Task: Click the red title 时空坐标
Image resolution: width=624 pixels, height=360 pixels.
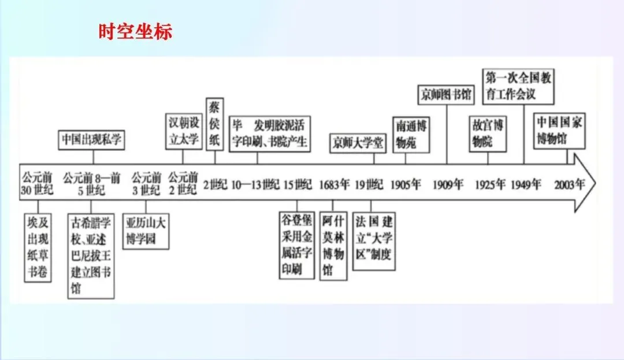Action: (135, 31)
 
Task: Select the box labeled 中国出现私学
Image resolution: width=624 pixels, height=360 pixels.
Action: (93, 140)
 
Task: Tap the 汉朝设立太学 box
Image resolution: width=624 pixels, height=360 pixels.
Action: (183, 131)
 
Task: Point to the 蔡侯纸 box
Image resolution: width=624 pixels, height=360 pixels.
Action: (215, 124)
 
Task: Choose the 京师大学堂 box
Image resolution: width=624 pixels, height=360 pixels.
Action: (358, 143)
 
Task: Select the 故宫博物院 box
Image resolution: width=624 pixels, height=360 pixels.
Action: (488, 133)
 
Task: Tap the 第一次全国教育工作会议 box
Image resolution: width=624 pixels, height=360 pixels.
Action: (518, 86)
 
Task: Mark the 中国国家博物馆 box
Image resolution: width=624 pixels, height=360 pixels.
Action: (559, 131)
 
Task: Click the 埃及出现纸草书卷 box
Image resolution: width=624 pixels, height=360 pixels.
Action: (38, 247)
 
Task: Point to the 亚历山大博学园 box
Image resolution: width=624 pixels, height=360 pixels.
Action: (146, 231)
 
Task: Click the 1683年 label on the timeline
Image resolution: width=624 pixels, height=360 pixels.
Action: (335, 185)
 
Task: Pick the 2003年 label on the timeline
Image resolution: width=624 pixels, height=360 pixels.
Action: (569, 185)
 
